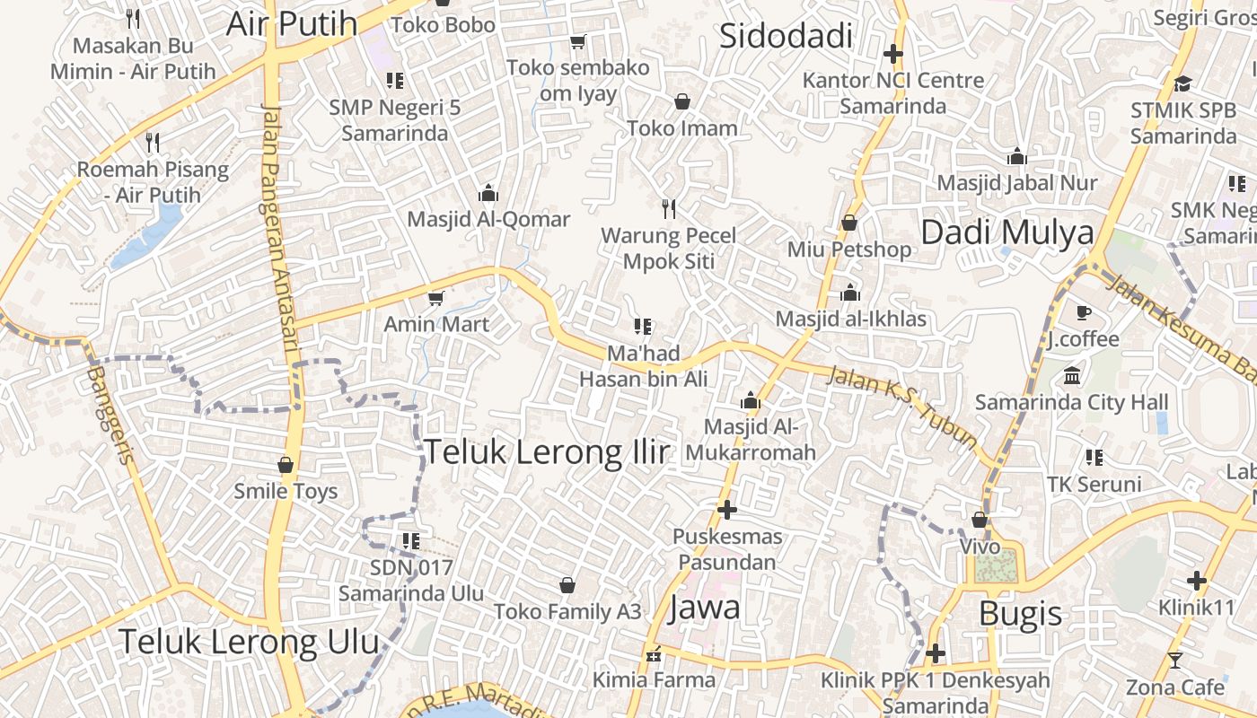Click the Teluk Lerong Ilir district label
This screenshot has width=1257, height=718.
pyautogui.click(x=546, y=451)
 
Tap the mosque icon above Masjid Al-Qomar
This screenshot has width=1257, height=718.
pyautogui.click(x=488, y=193)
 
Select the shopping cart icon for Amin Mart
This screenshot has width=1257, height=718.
pyautogui.click(x=436, y=297)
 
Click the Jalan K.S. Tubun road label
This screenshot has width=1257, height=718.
pyautogui.click(x=901, y=406)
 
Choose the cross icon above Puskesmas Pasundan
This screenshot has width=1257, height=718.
pyautogui.click(x=727, y=510)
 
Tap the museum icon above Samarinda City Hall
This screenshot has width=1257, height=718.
pyautogui.click(x=1072, y=375)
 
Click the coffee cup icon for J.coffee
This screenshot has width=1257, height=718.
pyautogui.click(x=1084, y=312)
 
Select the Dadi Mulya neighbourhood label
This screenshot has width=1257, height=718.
pyautogui.click(x=1007, y=232)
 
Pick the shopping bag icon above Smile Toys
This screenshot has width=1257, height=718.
pyautogui.click(x=286, y=465)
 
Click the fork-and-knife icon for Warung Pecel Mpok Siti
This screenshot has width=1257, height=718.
pyautogui.click(x=668, y=209)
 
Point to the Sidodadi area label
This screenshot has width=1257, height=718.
pyautogui.click(x=786, y=36)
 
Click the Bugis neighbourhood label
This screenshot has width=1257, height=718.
pyautogui.click(x=1020, y=614)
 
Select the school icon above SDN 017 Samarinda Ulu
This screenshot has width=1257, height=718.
pyautogui.click(x=411, y=540)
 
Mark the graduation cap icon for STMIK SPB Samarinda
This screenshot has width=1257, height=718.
pyautogui.click(x=1182, y=83)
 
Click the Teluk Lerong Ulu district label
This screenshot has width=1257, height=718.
pyautogui.click(x=249, y=642)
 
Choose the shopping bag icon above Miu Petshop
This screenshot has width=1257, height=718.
pyautogui.click(x=849, y=223)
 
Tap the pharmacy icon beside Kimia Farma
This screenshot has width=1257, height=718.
pyautogui.click(x=654, y=653)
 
